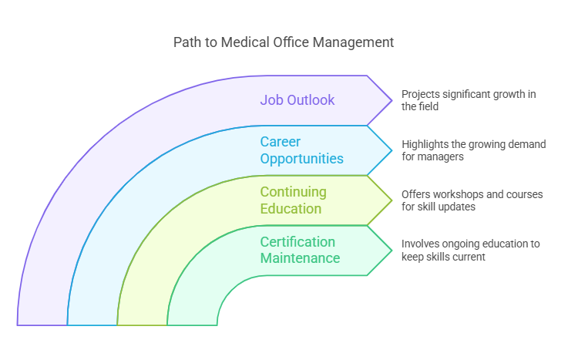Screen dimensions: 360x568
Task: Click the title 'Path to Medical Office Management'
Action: coord(284,42)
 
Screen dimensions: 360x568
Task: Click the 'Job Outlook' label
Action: coord(297,99)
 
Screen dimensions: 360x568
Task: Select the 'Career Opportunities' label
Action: coord(301,150)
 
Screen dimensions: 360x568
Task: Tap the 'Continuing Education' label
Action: coord(293,200)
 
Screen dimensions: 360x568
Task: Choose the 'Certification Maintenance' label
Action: coord(300,250)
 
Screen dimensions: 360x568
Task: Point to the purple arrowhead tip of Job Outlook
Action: coord(391,100)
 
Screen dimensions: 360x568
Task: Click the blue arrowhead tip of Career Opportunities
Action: coord(391,150)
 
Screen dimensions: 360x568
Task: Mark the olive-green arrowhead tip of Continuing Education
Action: coord(391,200)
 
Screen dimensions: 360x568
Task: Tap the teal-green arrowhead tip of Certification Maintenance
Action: coord(391,251)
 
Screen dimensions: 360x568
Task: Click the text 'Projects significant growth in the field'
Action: coord(469,100)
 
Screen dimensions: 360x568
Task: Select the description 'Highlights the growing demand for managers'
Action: coord(473,150)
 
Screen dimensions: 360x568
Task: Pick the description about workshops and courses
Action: coord(472,200)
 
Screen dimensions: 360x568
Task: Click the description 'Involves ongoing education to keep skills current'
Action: coord(470,251)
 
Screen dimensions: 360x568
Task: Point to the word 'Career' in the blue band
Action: coord(281,142)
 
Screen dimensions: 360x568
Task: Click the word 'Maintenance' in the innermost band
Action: coord(300,258)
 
